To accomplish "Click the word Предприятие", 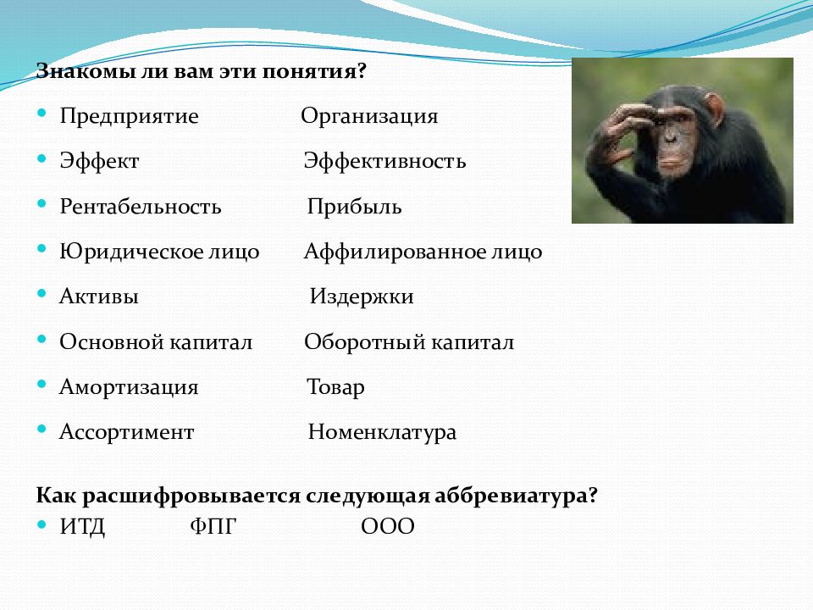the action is pyautogui.click(x=129, y=117).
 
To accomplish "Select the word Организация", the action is pyautogui.click(x=369, y=117).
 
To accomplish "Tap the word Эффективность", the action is pyautogui.click(x=384, y=161).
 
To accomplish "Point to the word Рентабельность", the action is pyautogui.click(x=141, y=207).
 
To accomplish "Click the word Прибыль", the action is pyautogui.click(x=354, y=207).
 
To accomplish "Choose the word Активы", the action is pyautogui.click(x=99, y=297).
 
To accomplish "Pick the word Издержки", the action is pyautogui.click(x=362, y=297).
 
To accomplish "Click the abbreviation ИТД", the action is pyautogui.click(x=82, y=527).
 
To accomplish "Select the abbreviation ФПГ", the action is pyautogui.click(x=213, y=526).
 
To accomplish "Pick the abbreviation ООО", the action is pyautogui.click(x=388, y=526).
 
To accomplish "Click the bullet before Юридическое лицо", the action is pyautogui.click(x=42, y=249).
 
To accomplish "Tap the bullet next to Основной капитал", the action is pyautogui.click(x=42, y=339).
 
